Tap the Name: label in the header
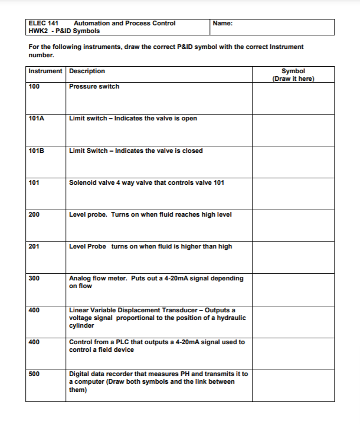click(222, 23)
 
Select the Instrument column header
click(45, 71)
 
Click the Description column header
click(87, 71)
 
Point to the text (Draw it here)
click(293, 79)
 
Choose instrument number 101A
click(36, 118)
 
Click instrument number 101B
click(36, 151)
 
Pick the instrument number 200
click(34, 214)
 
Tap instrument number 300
click(34, 278)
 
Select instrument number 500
click(34, 374)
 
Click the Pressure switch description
click(94, 86)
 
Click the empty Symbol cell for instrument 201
click(293, 257)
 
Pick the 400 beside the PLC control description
click(34, 342)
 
